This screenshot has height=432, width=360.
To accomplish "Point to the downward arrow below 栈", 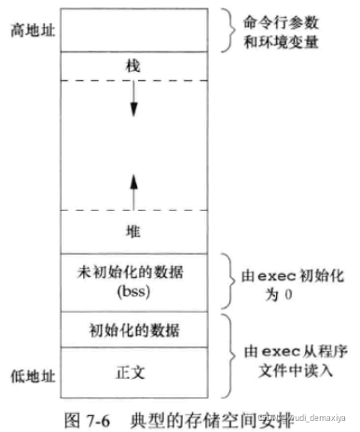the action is [x=134, y=101].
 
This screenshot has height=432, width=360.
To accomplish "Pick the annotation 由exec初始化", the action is [x=295, y=274].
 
